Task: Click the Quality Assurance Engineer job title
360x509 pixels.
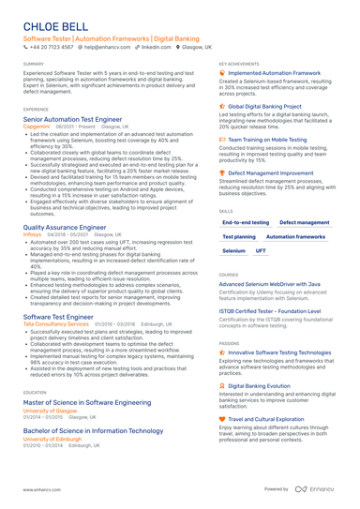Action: [x=65, y=227]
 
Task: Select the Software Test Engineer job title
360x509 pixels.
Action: [x=58, y=317]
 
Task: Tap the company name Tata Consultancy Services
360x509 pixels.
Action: [x=56, y=323]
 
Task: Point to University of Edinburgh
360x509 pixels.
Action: [x=52, y=438]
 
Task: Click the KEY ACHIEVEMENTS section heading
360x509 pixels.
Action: [x=240, y=64]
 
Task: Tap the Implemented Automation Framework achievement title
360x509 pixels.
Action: [x=272, y=71]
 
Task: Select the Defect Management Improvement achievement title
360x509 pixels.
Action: [x=272, y=173]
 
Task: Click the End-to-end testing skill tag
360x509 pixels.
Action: [x=246, y=222]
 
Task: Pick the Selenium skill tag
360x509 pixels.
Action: [x=234, y=251]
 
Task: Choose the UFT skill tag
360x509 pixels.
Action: [x=261, y=251]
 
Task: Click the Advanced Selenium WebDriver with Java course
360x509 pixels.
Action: [x=269, y=283]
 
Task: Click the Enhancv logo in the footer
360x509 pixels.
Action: [x=315, y=489]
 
